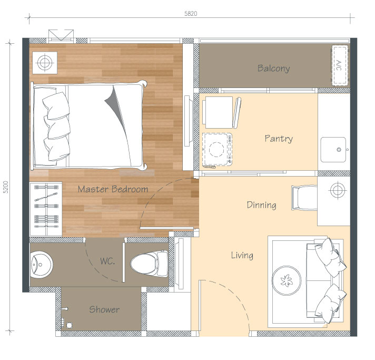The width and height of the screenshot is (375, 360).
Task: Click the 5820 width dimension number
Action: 191,13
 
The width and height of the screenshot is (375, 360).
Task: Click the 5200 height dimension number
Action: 5,187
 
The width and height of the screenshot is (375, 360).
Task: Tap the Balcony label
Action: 273,69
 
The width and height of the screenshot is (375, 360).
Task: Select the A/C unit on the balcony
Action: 340,65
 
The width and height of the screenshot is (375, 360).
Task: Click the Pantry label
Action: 279,139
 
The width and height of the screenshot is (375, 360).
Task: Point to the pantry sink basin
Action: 333,150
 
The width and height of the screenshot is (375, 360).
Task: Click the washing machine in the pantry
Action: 217,149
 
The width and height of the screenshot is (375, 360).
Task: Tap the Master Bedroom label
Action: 113,189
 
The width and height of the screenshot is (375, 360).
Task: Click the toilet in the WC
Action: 149,264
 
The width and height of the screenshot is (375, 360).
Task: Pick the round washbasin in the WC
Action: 41,265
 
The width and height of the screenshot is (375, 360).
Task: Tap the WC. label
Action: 107,261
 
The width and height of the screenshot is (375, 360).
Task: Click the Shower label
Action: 104,309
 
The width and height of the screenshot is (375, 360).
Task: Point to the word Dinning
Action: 261,205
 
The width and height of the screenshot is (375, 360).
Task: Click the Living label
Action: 242,255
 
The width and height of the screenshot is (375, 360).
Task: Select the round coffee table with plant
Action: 287,280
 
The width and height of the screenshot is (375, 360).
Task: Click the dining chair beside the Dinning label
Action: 304,198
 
